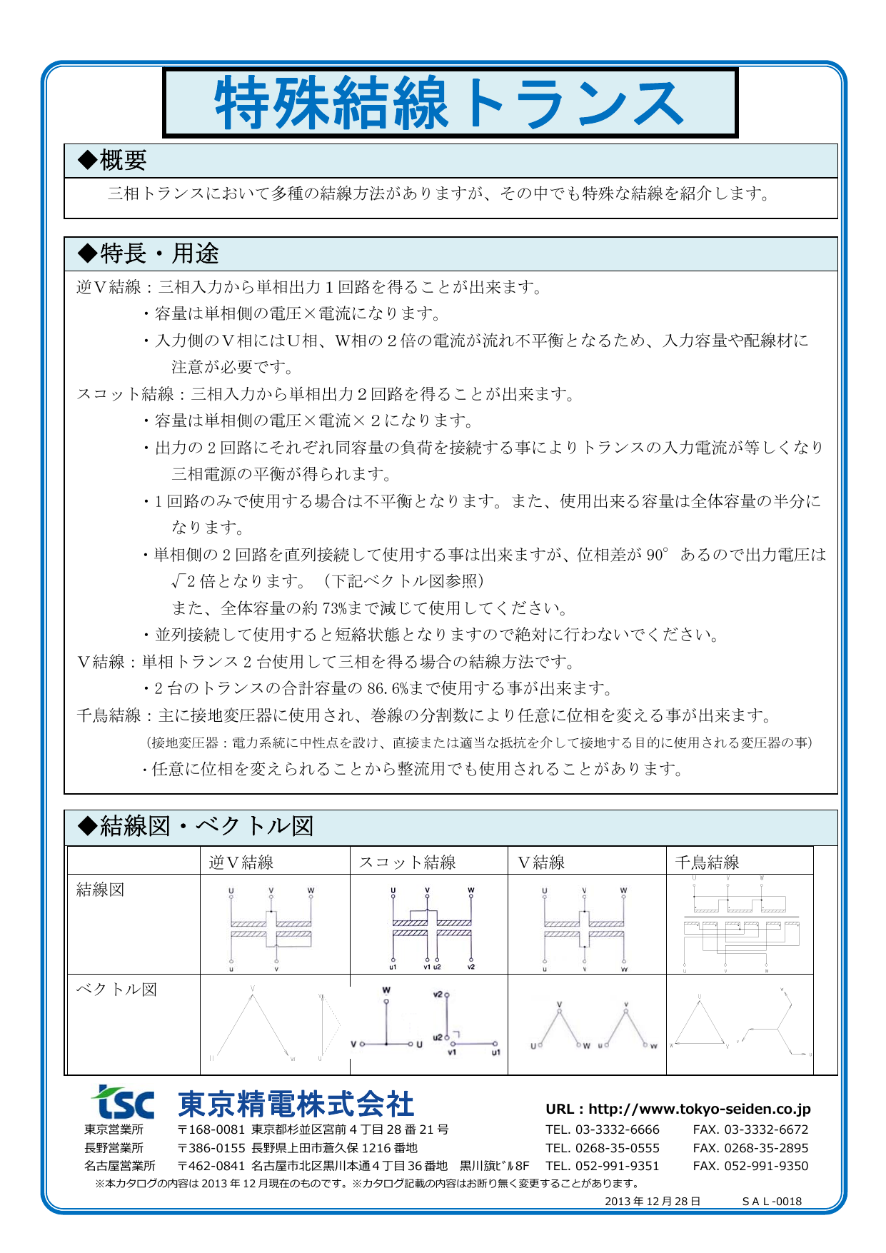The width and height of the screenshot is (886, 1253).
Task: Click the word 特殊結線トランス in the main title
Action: [450, 104]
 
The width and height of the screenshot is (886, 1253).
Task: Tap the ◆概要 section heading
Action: [112, 161]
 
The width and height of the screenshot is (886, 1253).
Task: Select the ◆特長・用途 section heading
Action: [148, 253]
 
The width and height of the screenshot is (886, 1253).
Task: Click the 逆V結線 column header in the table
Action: [241, 862]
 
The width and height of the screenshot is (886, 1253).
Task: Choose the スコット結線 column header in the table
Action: [407, 862]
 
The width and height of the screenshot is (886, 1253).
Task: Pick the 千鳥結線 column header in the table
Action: [707, 862]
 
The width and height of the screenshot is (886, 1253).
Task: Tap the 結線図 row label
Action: [101, 890]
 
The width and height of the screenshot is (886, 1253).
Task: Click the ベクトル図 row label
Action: [116, 990]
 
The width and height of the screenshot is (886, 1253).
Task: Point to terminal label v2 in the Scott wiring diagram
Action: [471, 967]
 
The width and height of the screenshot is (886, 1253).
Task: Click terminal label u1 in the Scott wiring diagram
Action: [393, 967]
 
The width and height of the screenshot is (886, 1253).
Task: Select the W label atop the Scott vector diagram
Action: [386, 991]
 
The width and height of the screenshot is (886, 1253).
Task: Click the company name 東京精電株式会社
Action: [296, 1104]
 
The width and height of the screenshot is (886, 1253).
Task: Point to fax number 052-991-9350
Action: [766, 1166]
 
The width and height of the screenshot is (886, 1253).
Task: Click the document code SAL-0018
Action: [772, 1201]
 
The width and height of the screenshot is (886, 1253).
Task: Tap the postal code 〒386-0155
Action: [211, 1148]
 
